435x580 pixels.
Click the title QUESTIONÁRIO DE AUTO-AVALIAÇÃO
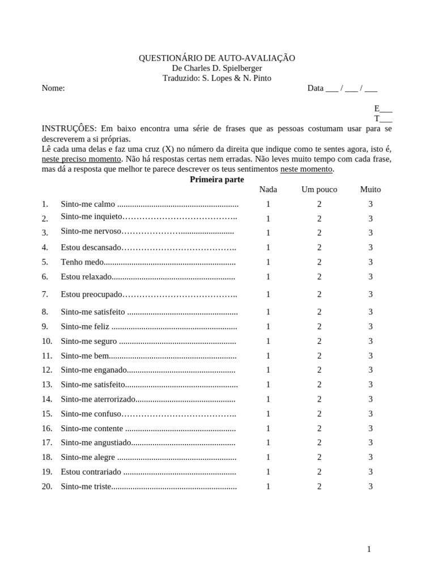217,58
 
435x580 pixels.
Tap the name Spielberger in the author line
238,69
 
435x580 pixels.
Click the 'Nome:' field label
53,88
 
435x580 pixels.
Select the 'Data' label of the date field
315,88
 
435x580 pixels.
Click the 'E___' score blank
383,108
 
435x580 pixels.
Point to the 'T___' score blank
383,118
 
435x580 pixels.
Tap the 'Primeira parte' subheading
217,179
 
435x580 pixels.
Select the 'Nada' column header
268,189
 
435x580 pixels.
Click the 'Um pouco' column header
319,189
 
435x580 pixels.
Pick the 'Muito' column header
370,189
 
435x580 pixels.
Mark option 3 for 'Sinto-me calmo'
370,204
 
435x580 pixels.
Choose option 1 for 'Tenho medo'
268,262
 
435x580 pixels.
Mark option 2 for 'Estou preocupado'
319,294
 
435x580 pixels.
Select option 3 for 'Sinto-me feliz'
370,326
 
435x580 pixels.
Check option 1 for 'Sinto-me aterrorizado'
268,399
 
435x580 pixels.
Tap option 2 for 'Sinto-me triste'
319,486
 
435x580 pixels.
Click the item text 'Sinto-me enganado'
93,370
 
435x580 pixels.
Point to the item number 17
47,442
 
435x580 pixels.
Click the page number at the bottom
369,549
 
